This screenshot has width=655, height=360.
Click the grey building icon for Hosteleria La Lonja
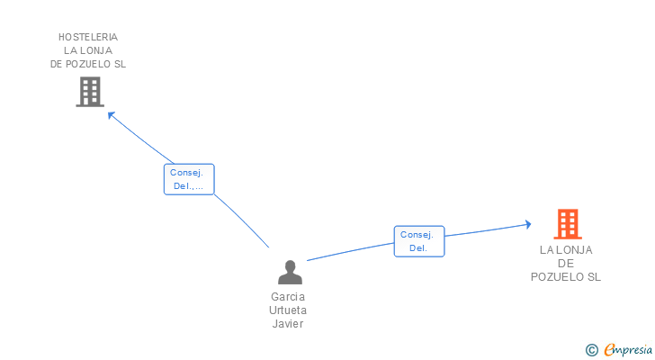pyautogui.click(x=89, y=92)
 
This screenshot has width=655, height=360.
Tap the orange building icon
pyautogui.click(x=567, y=224)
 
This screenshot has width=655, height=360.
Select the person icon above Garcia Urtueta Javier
pyautogui.click(x=289, y=272)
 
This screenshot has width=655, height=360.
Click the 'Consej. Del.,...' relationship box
pyautogui.click(x=189, y=180)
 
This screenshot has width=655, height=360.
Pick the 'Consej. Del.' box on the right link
pyautogui.click(x=418, y=241)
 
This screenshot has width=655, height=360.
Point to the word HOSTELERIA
pyautogui.click(x=88, y=37)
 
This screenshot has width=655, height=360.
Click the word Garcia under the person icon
pyautogui.click(x=288, y=296)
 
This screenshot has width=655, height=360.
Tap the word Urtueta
pyautogui.click(x=288, y=310)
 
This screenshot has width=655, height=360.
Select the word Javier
pyautogui.click(x=288, y=324)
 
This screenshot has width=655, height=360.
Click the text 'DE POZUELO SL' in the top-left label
pyautogui.click(x=88, y=64)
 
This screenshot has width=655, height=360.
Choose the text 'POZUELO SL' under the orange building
pyautogui.click(x=566, y=277)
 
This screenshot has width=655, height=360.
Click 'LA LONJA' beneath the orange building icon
pyautogui.click(x=566, y=250)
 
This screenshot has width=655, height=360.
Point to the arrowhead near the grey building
pyautogui.click(x=111, y=114)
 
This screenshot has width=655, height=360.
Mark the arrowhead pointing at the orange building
pyautogui.click(x=527, y=224)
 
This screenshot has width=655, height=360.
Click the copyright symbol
pyautogui.click(x=591, y=350)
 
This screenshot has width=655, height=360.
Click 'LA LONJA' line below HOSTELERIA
pyautogui.click(x=88, y=50)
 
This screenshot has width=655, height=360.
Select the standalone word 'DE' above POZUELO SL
pyautogui.click(x=566, y=264)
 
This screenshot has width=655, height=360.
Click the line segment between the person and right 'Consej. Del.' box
pyautogui.click(x=351, y=251)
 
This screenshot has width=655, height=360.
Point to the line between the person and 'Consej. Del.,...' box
pyautogui.click(x=243, y=220)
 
